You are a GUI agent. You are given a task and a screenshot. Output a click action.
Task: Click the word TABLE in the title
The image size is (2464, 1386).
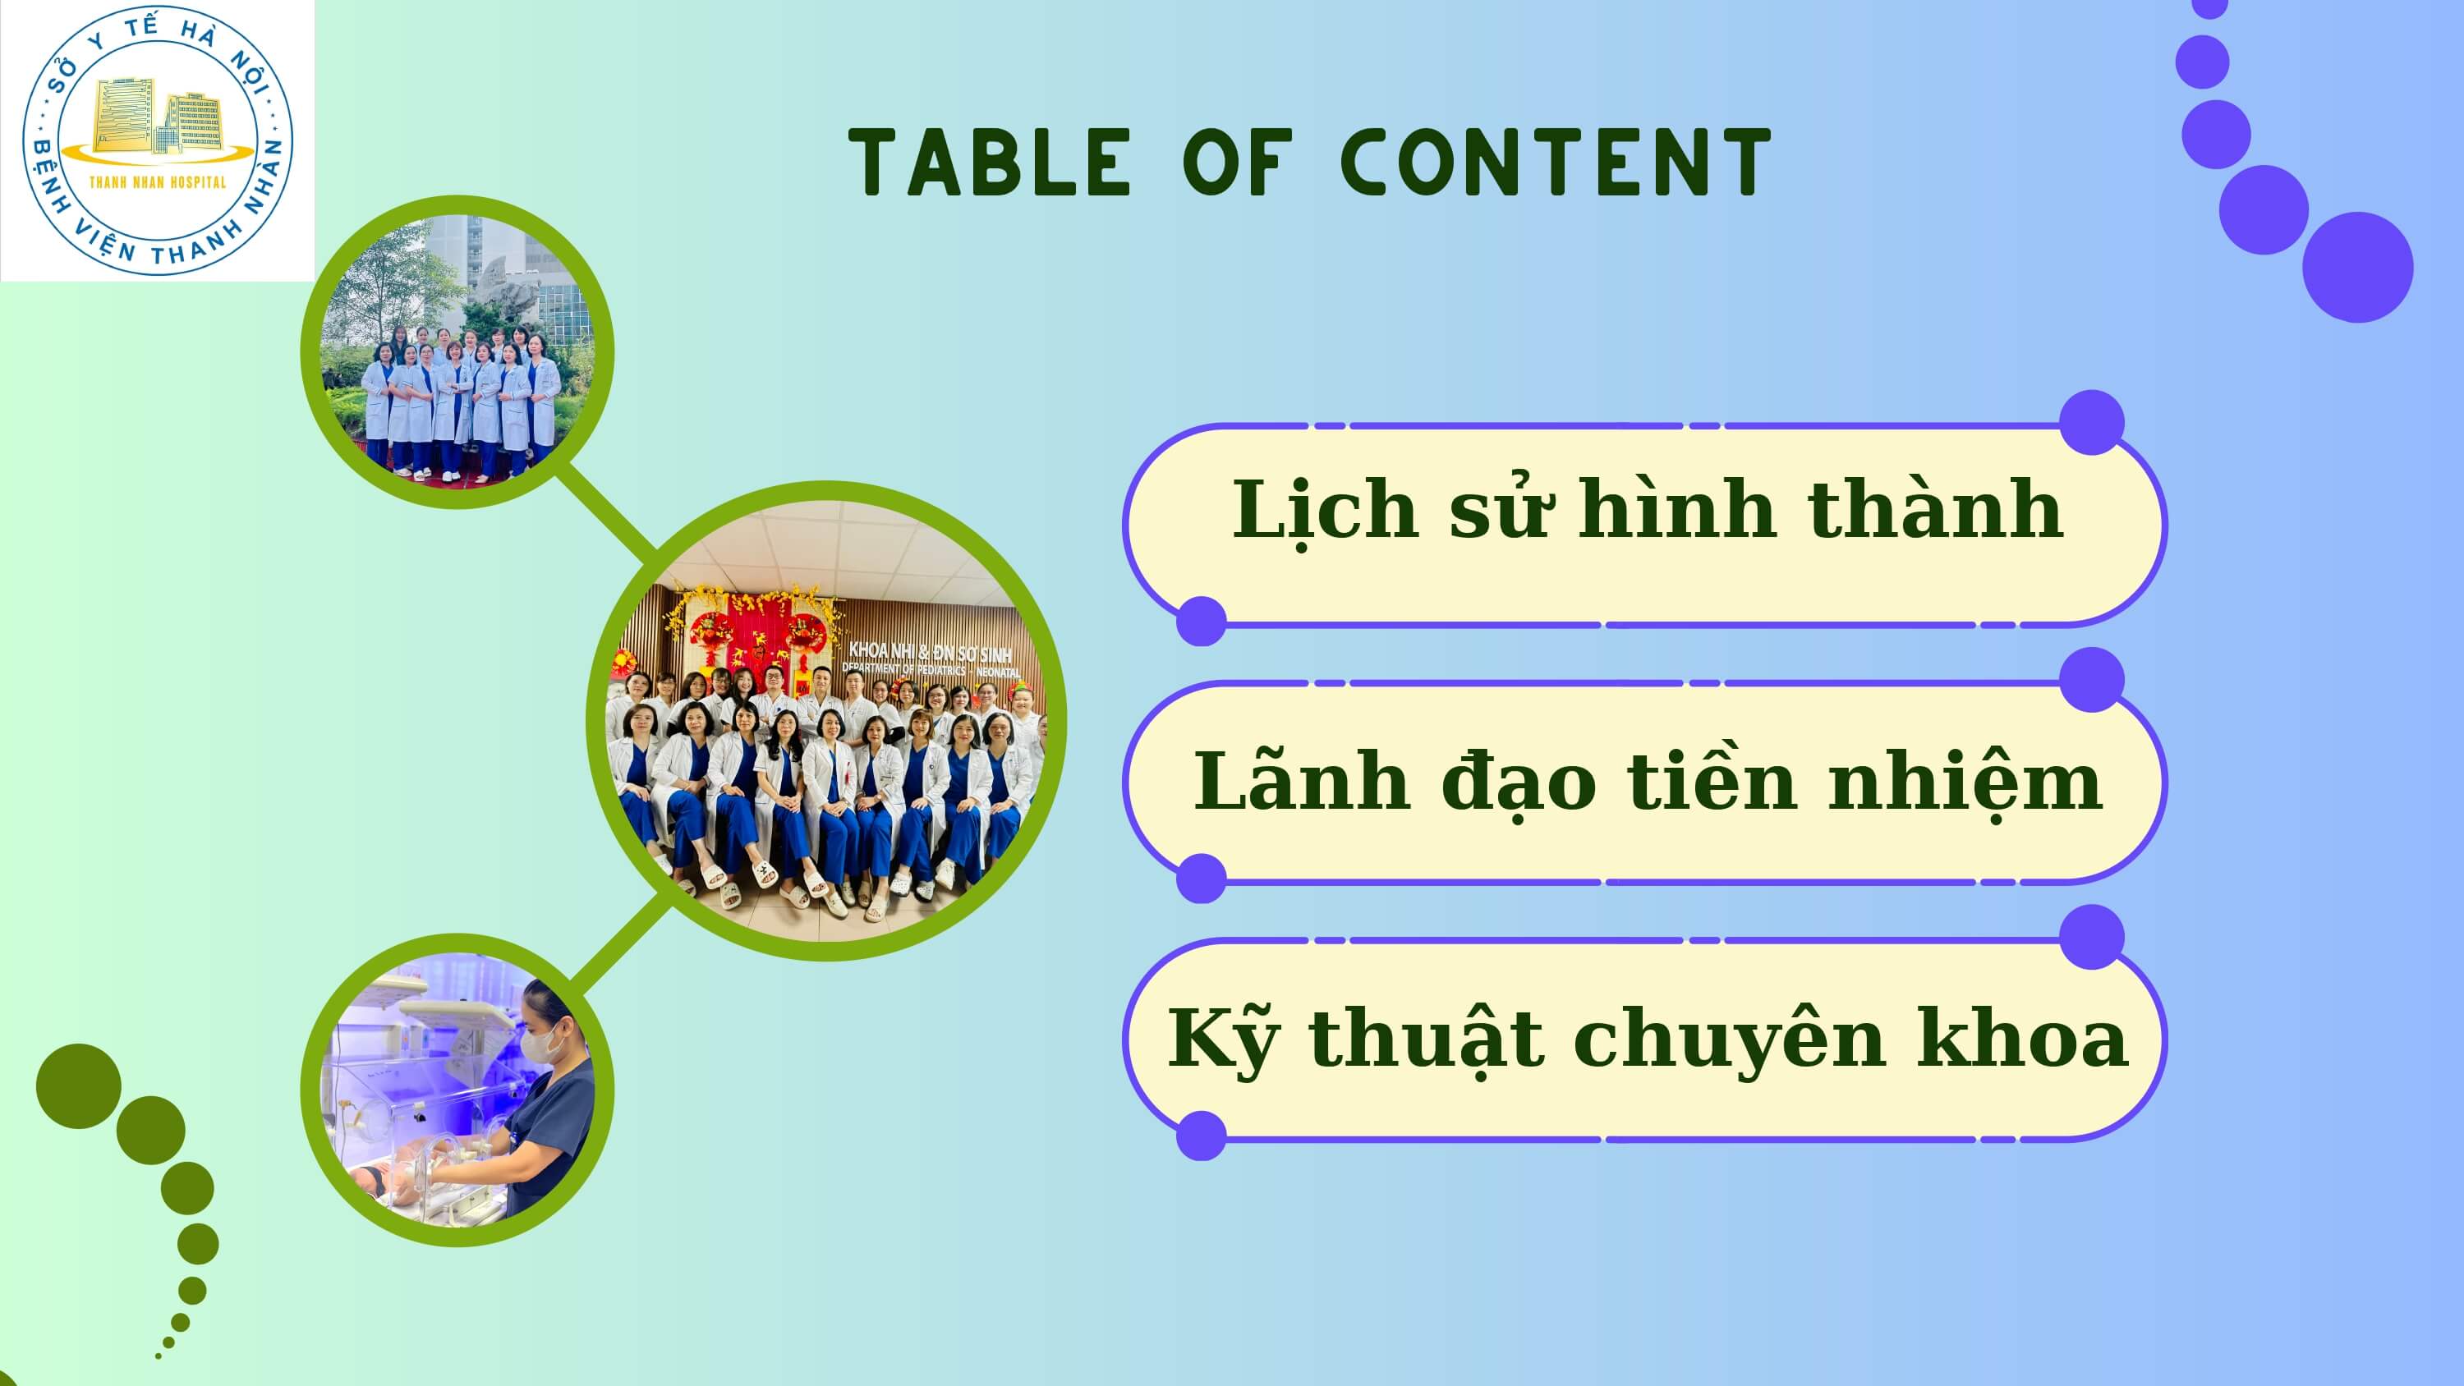(990, 163)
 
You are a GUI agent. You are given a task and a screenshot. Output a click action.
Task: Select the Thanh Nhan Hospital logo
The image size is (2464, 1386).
(158, 140)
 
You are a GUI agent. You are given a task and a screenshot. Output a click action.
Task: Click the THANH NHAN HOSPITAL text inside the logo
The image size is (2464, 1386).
(158, 181)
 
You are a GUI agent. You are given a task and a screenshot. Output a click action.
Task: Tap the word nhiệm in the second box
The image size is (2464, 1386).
(1965, 782)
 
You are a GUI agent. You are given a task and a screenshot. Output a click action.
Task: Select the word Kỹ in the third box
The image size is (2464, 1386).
(1222, 1039)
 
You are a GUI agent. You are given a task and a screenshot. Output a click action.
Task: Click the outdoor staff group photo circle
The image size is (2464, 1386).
(457, 351)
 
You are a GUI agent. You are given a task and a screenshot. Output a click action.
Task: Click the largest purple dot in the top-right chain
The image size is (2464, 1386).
(2358, 267)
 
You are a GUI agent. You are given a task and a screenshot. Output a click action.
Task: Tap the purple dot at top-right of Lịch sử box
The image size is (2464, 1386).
(2092, 422)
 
